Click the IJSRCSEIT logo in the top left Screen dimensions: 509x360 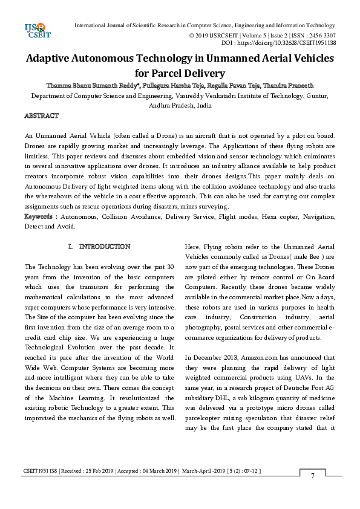click(34, 30)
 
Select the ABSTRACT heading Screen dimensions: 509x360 click(41, 115)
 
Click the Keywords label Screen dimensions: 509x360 click(41, 216)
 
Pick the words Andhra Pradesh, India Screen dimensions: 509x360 click(180, 105)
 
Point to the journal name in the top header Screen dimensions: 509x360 click(205, 25)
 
